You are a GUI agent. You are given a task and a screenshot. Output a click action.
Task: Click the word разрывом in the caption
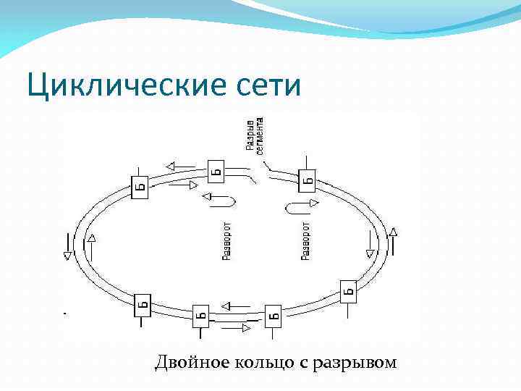[x=354, y=362]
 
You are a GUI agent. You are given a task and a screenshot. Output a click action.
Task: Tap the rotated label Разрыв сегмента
[x=255, y=135]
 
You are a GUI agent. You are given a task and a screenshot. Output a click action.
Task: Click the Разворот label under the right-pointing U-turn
[x=305, y=240]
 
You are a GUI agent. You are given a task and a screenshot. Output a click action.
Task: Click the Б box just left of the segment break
[x=215, y=171]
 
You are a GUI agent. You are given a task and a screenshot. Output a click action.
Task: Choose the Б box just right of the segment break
[x=307, y=179]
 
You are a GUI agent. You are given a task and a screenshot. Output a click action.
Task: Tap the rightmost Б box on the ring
[x=350, y=291]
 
